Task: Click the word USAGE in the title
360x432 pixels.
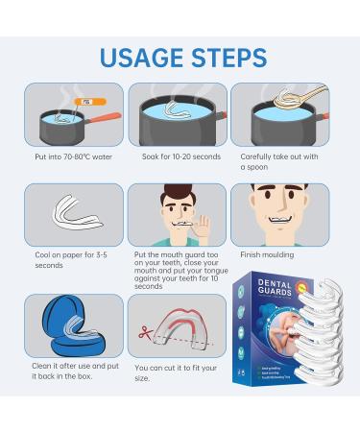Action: coord(137,57)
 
